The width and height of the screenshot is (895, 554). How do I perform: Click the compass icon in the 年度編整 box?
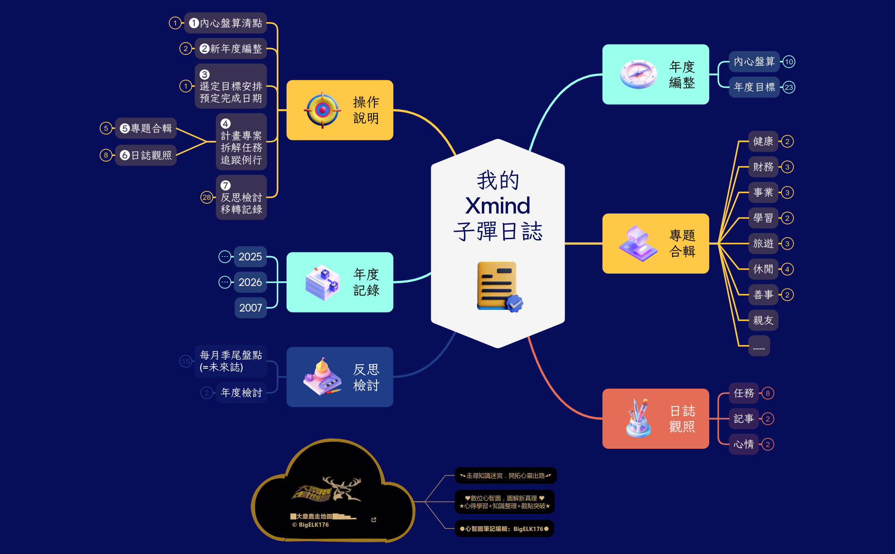click(x=638, y=74)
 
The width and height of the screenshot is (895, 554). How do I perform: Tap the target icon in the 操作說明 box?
click(x=322, y=110)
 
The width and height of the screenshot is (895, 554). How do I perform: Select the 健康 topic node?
click(x=763, y=141)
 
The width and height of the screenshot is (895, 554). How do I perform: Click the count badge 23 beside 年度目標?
click(x=789, y=87)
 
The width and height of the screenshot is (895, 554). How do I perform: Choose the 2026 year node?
click(x=250, y=282)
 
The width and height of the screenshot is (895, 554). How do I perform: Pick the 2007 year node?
click(x=250, y=308)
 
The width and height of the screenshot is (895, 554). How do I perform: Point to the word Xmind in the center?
click(x=498, y=206)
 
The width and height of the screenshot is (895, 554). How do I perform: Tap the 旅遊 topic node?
click(x=763, y=244)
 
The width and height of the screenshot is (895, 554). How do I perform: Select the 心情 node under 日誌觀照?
click(x=743, y=444)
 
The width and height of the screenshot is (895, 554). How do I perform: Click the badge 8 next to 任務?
click(x=768, y=393)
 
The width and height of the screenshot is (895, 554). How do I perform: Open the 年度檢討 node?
click(x=241, y=392)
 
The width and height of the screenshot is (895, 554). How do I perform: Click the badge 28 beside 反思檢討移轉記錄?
click(x=206, y=197)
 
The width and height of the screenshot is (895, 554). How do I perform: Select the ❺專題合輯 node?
click(x=146, y=128)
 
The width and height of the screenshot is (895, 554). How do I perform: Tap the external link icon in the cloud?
click(x=374, y=520)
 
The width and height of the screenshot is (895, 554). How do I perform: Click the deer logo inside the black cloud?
click(x=328, y=490)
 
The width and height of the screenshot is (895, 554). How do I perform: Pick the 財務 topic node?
click(x=763, y=167)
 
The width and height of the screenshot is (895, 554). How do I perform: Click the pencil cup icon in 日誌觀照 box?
click(x=638, y=418)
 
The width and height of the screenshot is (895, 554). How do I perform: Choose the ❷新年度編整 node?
click(x=231, y=49)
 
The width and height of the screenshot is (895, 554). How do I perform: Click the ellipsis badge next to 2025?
click(x=225, y=257)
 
